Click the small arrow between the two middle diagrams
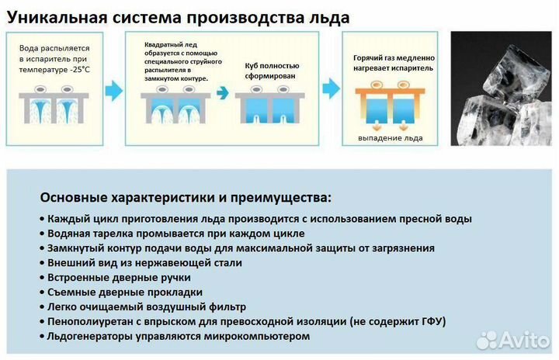click(x=222, y=92)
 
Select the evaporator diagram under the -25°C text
click(x=58, y=108)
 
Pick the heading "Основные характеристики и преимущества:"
click(x=185, y=197)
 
